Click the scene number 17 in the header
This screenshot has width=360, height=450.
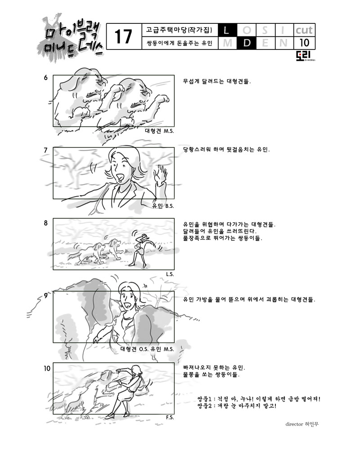coord(123,36)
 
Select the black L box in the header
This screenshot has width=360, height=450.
coord(227,30)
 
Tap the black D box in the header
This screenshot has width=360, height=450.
coord(246,43)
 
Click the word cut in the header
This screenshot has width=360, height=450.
coord(304,30)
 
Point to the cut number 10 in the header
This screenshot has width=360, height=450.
coord(304,43)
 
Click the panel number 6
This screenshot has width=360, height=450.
coord(45,77)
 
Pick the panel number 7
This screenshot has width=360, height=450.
coord(45,150)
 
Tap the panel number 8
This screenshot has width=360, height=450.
coord(45,223)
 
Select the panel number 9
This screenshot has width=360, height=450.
coord(45,296)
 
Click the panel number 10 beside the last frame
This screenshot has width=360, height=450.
coord(47,368)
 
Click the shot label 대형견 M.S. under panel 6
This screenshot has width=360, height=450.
coord(159,131)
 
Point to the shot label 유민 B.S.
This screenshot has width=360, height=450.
coord(163,206)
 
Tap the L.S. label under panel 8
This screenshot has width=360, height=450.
coord(170,274)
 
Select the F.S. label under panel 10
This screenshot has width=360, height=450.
coord(170,417)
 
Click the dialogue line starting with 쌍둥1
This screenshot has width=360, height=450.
coord(258,399)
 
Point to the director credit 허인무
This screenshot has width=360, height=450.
coord(312,424)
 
